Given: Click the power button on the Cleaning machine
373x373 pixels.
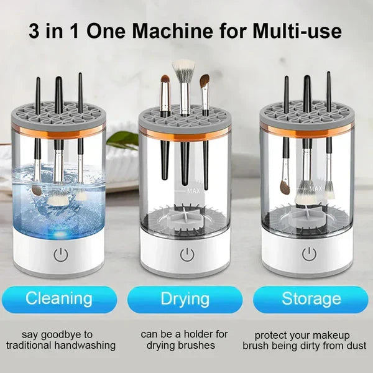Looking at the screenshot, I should pyautogui.click(x=60, y=254).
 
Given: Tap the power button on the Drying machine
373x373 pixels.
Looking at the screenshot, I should pyautogui.click(x=185, y=254).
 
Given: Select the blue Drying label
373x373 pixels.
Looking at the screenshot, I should pyautogui.click(x=185, y=299).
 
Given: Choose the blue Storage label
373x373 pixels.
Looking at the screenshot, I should pyautogui.click(x=311, y=299).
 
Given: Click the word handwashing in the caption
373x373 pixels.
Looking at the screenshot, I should pyautogui.click(x=86, y=345).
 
